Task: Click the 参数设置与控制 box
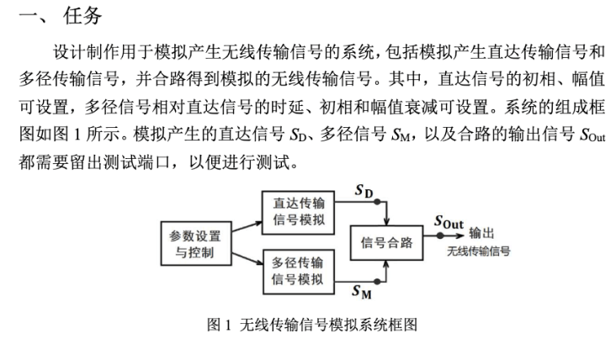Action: (x=196, y=244)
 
